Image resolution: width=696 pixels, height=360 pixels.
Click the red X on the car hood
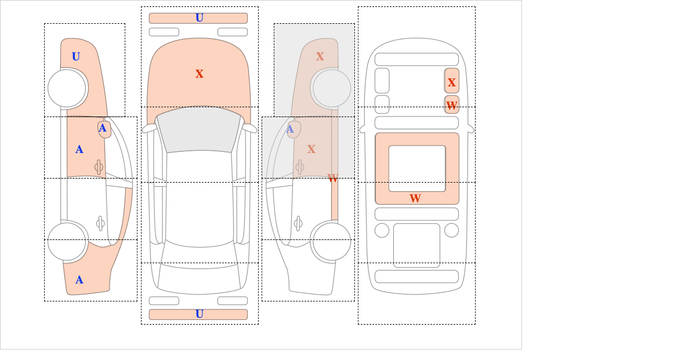(200, 74)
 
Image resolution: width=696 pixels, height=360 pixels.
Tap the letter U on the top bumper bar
(200, 18)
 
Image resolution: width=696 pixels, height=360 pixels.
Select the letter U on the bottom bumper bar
(200, 314)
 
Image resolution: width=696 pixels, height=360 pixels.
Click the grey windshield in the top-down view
(199, 129)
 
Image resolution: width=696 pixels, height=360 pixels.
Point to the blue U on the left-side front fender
(76, 57)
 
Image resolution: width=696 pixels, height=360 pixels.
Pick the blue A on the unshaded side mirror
(103, 128)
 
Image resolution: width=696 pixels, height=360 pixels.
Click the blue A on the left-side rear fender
(79, 280)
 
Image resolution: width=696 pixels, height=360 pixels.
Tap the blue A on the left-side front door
(79, 150)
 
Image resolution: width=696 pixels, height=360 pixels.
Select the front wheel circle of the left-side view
(67, 88)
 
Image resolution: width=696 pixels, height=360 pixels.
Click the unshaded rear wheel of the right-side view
(332, 241)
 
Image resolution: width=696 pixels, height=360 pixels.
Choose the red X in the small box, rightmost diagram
(452, 82)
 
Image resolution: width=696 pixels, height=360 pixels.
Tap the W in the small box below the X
(452, 106)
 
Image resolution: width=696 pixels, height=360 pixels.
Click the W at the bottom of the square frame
(415, 198)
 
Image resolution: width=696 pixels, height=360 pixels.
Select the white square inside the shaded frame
(417, 168)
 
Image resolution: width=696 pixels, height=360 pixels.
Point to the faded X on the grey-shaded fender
(320, 57)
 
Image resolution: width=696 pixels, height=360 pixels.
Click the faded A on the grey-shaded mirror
(290, 129)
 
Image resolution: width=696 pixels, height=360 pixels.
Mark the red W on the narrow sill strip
(333, 179)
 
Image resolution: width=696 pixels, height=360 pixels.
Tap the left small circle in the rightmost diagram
(382, 231)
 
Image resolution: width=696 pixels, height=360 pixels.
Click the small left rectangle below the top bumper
(164, 32)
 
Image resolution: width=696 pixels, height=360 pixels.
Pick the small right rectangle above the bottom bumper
(233, 301)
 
